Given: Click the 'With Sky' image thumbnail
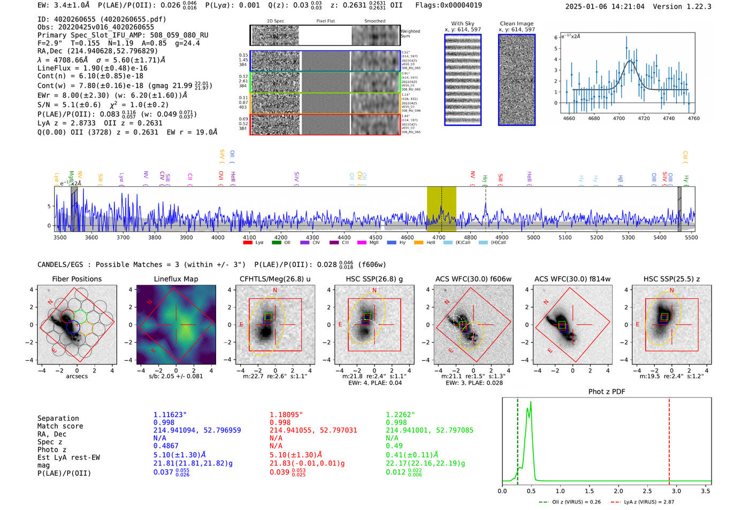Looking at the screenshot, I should click(463, 80).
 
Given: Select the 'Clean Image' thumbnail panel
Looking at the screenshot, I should click(516, 80).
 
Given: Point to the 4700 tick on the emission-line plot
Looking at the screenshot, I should click(619, 118).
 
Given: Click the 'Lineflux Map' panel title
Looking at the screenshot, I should click(175, 279).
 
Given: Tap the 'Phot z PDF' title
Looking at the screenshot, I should click(607, 391).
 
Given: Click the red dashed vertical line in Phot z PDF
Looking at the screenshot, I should click(669, 439).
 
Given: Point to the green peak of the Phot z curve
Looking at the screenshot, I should click(531, 402).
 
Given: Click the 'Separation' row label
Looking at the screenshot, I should click(58, 418).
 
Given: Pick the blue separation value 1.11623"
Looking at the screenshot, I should click(170, 415).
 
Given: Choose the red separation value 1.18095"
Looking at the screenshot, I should click(286, 415).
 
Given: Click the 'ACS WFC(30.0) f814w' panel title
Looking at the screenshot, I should click(572, 279).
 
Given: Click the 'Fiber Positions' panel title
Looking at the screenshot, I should click(77, 279).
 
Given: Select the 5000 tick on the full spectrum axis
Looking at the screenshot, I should click(533, 237).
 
